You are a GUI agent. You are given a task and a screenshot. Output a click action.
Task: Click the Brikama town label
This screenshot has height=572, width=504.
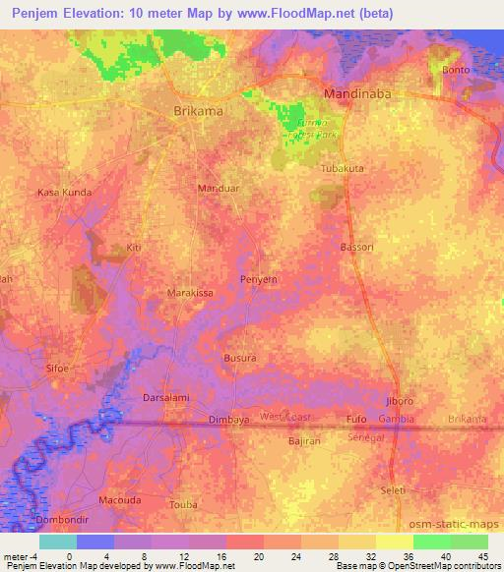pos(198,111)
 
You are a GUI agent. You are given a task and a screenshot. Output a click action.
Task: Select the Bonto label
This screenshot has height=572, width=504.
pos(456,70)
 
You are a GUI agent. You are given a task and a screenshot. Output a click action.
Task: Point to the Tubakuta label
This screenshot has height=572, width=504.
pos(343,169)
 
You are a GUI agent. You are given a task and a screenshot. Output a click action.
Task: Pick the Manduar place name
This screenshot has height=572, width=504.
pos(219,187)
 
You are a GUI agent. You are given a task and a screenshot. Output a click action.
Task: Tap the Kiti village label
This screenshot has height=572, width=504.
pos(134,248)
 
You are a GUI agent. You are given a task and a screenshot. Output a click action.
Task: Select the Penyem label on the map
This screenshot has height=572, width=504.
pos(260,280)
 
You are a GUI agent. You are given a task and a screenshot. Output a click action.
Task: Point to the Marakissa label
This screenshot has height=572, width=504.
pos(190,293)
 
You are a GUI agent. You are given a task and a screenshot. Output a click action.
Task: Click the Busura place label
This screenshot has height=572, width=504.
pos(240,359)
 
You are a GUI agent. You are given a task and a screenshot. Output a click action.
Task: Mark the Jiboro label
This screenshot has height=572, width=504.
pos(400,401)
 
